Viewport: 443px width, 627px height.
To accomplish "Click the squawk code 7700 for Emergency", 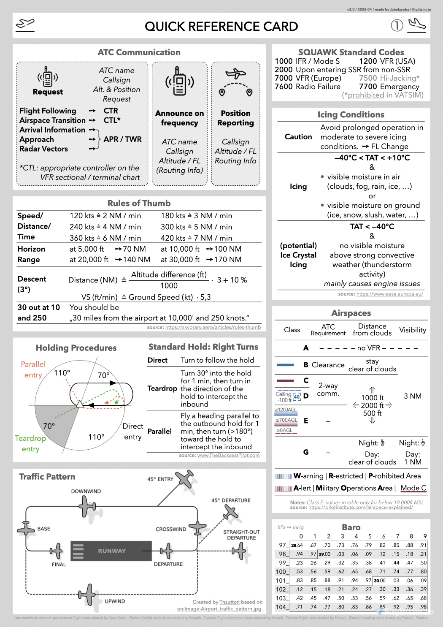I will [368, 87].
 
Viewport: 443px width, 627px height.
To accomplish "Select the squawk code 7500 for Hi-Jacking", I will [368, 78].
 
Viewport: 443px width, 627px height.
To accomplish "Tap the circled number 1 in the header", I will [397, 26].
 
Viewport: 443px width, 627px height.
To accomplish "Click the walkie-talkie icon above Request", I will [48, 77].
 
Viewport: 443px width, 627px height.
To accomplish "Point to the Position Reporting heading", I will [235, 118].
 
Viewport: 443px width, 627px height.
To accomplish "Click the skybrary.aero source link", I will [213, 327].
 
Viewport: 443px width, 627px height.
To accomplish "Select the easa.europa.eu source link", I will [389, 294].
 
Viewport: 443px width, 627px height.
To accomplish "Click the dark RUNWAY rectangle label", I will [111, 551].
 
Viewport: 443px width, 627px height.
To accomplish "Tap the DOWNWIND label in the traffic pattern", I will [86, 491].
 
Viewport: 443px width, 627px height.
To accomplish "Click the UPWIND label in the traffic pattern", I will [115, 601].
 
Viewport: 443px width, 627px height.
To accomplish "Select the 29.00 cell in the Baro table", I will [324, 554].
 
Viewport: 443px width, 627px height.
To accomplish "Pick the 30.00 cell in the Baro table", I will [380, 581].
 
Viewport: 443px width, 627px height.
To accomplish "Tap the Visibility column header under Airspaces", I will [412, 330].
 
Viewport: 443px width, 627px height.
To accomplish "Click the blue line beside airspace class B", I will [285, 365].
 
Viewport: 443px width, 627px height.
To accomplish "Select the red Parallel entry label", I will [33, 369].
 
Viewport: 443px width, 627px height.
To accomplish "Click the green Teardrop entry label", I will [30, 443].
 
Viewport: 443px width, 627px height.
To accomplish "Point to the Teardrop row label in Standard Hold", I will [162, 388].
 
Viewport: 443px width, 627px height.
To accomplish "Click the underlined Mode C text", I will [413, 488].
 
